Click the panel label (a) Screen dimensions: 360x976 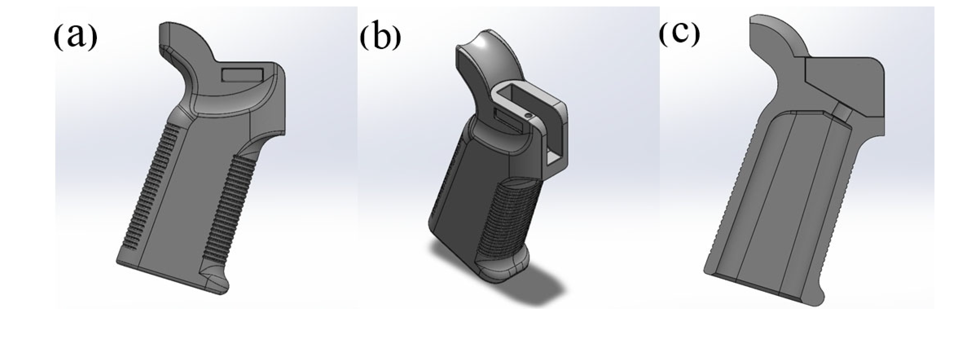pos(75,36)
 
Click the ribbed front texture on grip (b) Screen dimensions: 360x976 pos(496,220)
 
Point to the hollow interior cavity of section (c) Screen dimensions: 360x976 pos(773,208)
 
